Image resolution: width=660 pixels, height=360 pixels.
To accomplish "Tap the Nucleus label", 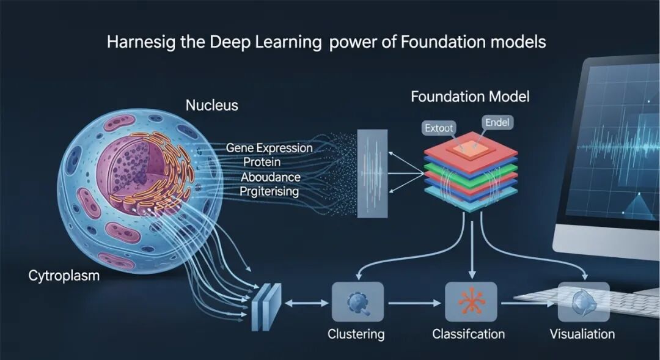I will (211, 106).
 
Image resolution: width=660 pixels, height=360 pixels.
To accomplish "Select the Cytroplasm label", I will (64, 276).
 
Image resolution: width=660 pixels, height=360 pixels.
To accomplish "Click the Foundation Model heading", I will (470, 97).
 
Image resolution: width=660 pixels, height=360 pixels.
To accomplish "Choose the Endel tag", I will (497, 123).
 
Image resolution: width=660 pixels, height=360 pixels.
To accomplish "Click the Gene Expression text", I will (269, 148).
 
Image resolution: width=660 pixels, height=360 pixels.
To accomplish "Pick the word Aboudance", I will (270, 177).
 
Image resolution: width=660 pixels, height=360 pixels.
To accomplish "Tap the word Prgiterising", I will (269, 191).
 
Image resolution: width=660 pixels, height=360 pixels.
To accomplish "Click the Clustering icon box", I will (357, 302).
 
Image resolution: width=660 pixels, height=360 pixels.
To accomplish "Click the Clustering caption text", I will (356, 334).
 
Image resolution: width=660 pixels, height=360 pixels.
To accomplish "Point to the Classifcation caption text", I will (469, 334).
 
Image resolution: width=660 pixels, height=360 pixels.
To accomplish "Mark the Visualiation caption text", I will (582, 334).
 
